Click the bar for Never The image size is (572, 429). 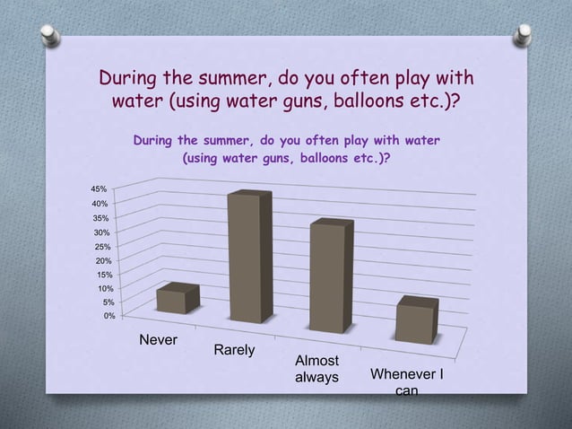[177, 300]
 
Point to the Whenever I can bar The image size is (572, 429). [417, 320]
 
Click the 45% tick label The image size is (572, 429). [98, 189]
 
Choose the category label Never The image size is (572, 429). [158, 341]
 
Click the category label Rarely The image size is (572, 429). [234, 349]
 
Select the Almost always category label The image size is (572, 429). [316, 369]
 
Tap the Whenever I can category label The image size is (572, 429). [407, 381]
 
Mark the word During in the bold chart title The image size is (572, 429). [153, 141]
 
